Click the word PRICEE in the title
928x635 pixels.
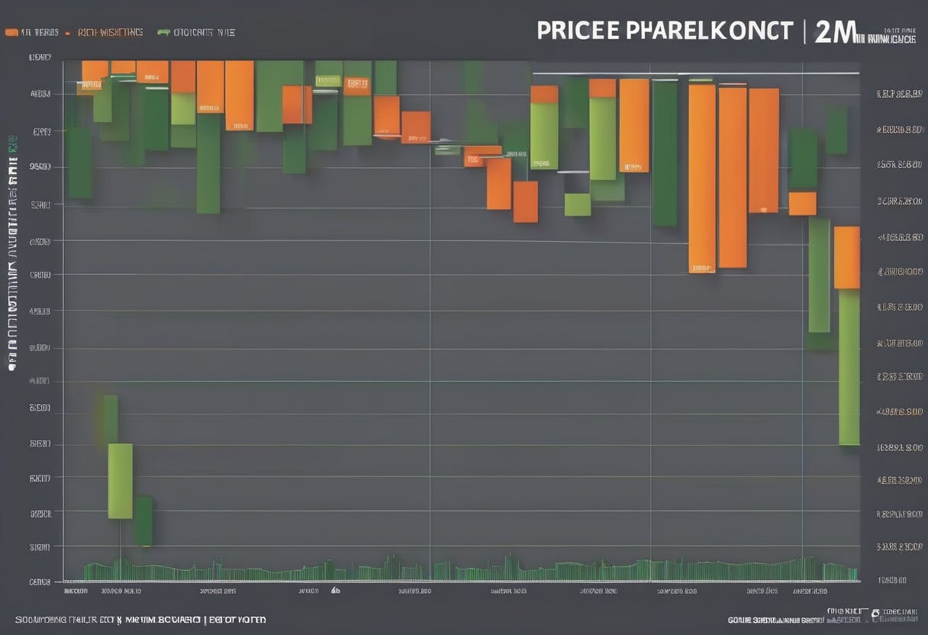pyautogui.click(x=578, y=31)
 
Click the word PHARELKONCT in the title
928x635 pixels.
pyautogui.click(x=710, y=31)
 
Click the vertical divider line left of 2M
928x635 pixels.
pyautogui.click(x=804, y=31)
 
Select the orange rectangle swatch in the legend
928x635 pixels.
pyautogui.click(x=11, y=33)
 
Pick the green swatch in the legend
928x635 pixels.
pyautogui.click(x=163, y=33)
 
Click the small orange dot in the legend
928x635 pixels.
pyautogui.click(x=68, y=34)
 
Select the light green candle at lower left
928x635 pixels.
pyautogui.click(x=120, y=481)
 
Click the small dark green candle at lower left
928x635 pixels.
pyautogui.click(x=143, y=521)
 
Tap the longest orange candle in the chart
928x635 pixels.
pyautogui.click(x=702, y=177)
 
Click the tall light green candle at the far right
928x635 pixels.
pyautogui.click(x=849, y=366)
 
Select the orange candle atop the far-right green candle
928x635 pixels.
pyautogui.click(x=847, y=257)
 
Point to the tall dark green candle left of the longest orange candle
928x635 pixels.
pyautogui.click(x=664, y=153)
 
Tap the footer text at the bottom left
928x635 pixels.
pyautogui.click(x=140, y=620)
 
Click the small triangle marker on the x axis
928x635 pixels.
pyautogui.click(x=334, y=590)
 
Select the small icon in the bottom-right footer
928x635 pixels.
pyautogui.click(x=875, y=613)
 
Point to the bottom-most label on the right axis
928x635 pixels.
pyautogui.click(x=892, y=581)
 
